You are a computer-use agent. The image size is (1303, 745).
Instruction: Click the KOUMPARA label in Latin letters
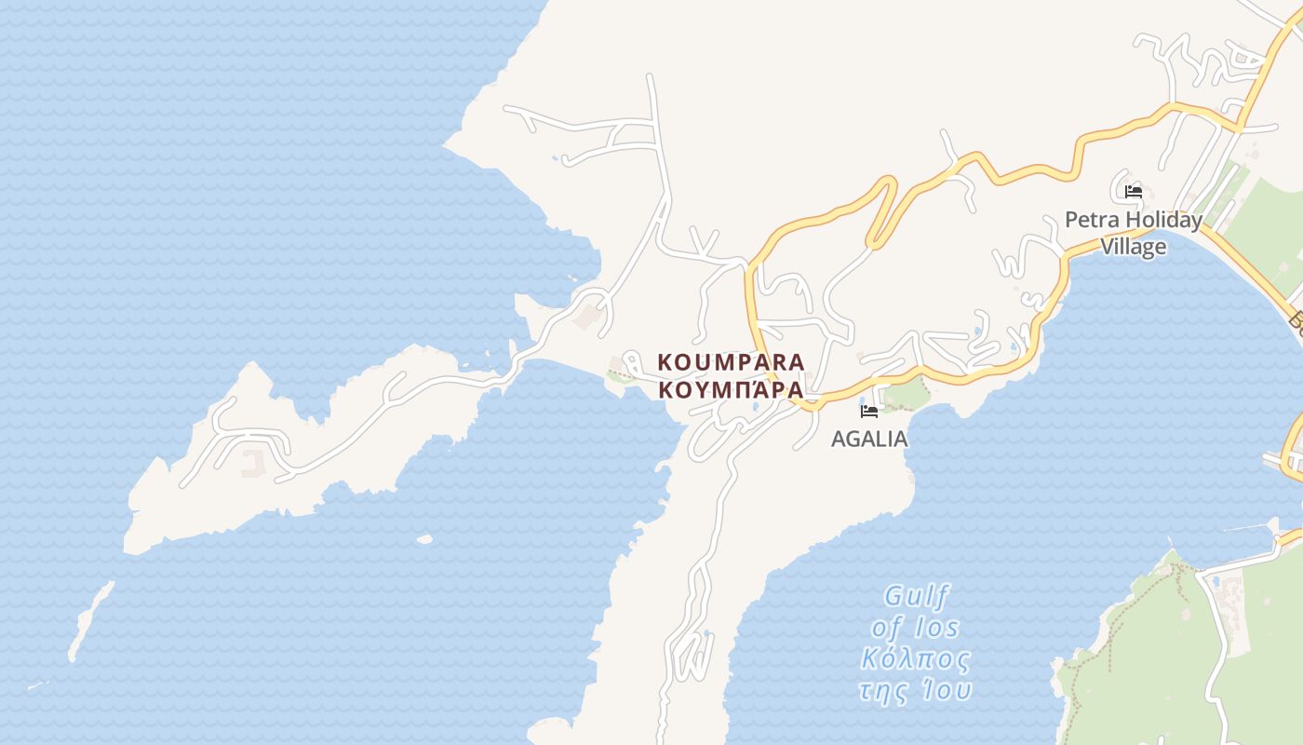click(731, 361)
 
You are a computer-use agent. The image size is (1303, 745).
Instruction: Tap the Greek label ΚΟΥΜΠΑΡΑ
click(731, 389)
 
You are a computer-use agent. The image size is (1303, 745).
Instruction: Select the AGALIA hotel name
click(868, 439)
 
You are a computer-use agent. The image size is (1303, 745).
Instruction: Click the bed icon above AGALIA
click(869, 411)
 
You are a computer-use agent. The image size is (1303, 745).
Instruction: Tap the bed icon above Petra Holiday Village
click(1133, 192)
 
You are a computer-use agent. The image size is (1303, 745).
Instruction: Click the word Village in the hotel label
click(1133, 247)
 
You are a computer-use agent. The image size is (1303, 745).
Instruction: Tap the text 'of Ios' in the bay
click(915, 627)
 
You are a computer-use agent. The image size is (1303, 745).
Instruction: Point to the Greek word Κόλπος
click(915, 659)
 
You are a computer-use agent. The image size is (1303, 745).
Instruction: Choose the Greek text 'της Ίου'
click(915, 690)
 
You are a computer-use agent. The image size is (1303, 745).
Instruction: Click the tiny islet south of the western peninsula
click(424, 538)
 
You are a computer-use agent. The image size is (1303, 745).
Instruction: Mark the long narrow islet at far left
click(90, 620)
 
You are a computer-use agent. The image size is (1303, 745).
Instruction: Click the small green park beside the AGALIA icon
click(906, 396)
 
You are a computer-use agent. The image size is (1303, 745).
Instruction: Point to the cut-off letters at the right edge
click(1296, 321)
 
